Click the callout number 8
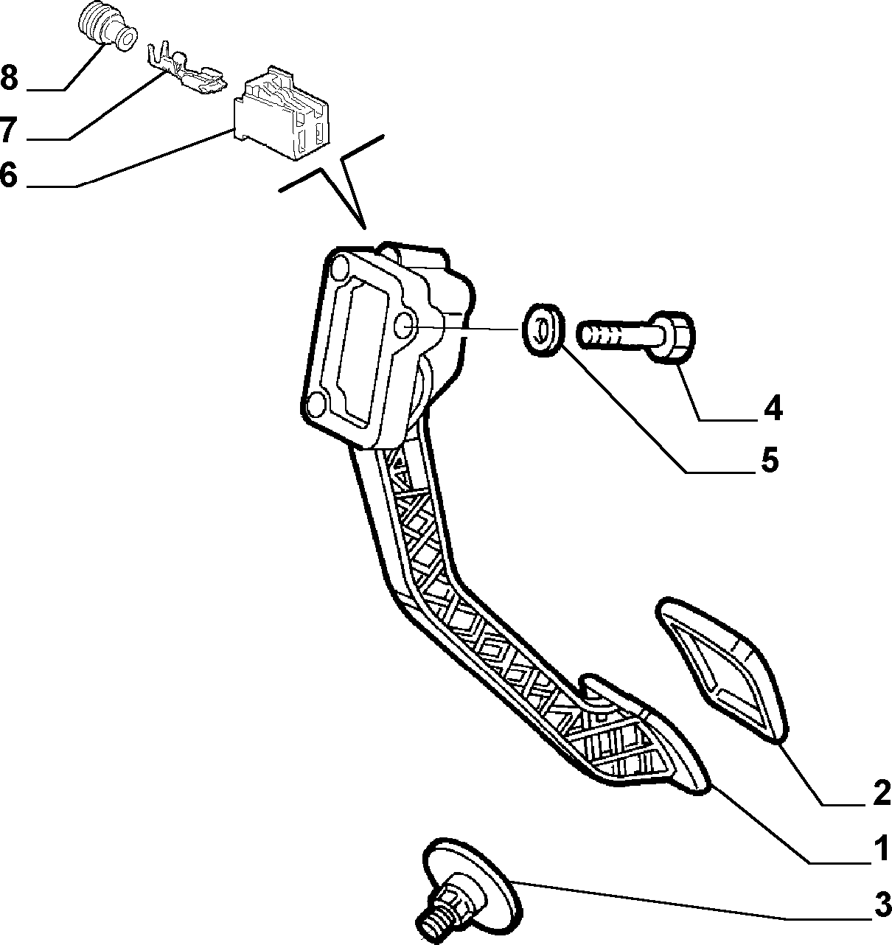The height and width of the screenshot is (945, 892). (9, 77)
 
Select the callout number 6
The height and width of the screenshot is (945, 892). (9, 175)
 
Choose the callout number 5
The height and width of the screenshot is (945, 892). (770, 460)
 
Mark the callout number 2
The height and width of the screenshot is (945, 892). (882, 792)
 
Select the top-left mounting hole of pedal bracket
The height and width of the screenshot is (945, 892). (339, 268)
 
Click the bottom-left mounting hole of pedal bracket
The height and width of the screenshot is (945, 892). (316, 404)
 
